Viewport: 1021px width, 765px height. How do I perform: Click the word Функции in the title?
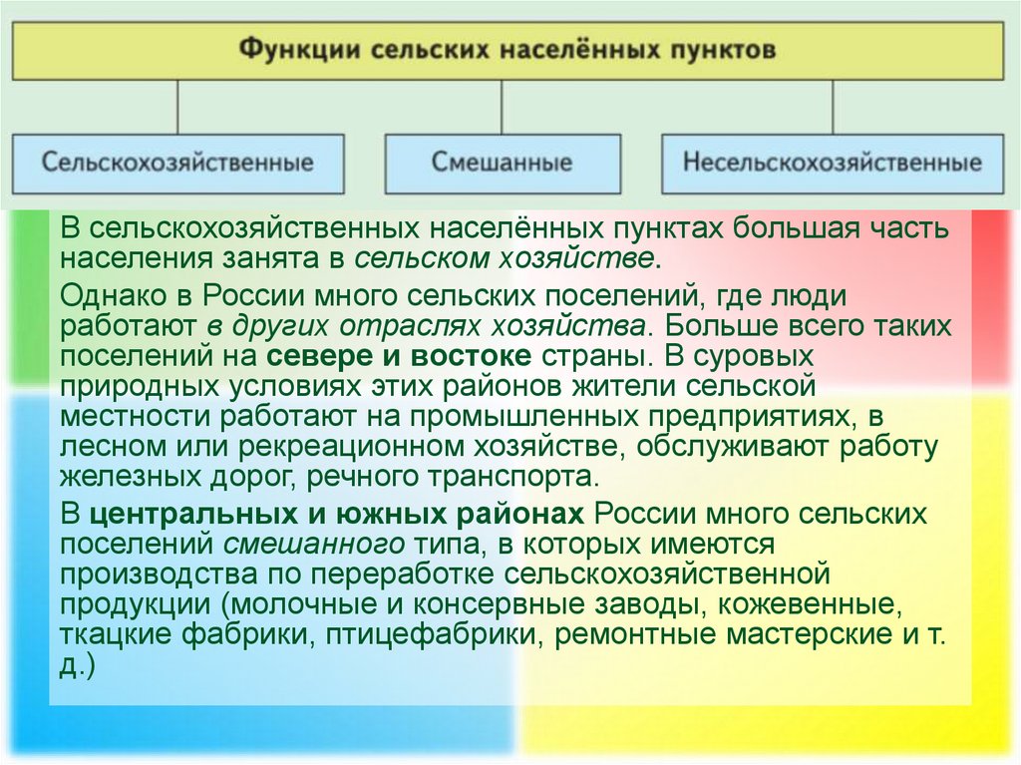pyautogui.click(x=296, y=51)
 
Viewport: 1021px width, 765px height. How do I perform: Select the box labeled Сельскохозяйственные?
pyautogui.click(x=177, y=163)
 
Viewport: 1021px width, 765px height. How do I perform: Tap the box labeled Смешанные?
pyautogui.click(x=503, y=163)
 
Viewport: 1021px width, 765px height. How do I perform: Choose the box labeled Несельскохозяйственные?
pyautogui.click(x=833, y=163)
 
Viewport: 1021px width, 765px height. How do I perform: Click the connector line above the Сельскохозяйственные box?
pyautogui.click(x=178, y=108)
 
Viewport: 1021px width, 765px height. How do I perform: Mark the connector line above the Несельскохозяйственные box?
pyautogui.click(x=833, y=108)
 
